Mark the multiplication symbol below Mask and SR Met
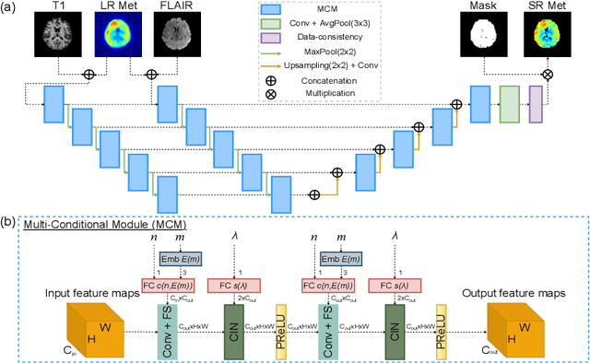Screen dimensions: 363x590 click(x=546, y=72)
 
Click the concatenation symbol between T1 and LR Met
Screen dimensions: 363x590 click(x=88, y=72)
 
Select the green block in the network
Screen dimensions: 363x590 click(x=510, y=101)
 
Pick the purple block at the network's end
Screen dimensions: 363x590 click(x=536, y=101)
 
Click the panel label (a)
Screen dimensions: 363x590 click(x=10, y=8)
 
